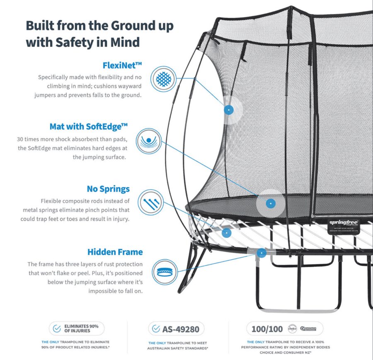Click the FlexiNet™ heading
coord(122,65)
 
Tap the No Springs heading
coord(108,189)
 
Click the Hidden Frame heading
coord(115,252)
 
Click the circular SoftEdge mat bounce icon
coord(148,140)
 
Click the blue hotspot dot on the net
coord(228,109)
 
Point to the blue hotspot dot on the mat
coord(270,203)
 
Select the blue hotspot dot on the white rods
coord(226,233)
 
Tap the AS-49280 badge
coord(176,329)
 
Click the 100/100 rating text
coord(267,329)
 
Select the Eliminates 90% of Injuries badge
coord(76,329)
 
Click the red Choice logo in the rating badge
coord(292,329)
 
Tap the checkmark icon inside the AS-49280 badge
coord(156,329)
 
